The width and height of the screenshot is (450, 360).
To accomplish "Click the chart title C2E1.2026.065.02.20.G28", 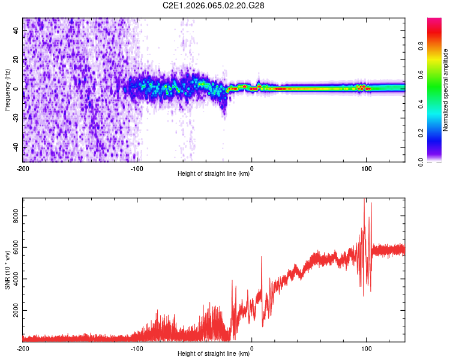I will coord(214,5).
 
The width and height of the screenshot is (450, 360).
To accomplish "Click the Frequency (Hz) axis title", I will coord(7,90).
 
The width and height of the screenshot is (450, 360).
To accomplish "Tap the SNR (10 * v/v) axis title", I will coord(8,270).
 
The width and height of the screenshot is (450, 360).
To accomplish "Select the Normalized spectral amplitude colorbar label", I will coord(445,90).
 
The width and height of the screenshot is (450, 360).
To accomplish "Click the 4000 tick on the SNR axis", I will coord(13,280).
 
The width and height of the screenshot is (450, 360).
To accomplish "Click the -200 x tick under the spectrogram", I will coord(22,168).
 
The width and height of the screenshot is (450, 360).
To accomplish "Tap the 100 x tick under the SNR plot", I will coord(366,348).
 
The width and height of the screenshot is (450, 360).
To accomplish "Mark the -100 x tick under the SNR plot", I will coord(137,348).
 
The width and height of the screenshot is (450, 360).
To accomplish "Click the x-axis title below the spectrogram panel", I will coord(214,174).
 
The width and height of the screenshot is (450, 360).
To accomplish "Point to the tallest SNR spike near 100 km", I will coord(365,202).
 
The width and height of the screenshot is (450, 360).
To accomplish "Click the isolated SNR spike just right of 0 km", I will coord(262,258).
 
